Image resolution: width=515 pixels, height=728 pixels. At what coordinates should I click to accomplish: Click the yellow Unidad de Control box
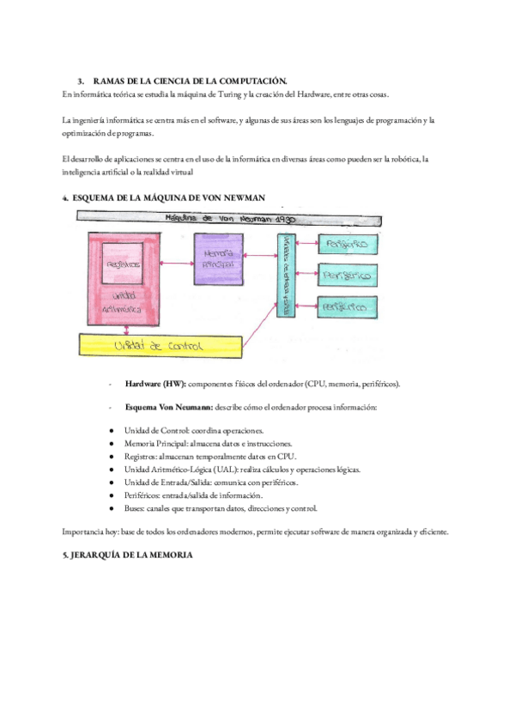(160, 346)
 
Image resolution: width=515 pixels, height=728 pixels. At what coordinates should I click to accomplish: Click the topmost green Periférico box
(348, 245)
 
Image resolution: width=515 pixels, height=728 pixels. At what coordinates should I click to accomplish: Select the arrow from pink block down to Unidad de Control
(127, 329)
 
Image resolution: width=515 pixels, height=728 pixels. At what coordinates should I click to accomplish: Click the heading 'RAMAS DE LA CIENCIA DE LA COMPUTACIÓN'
(189, 80)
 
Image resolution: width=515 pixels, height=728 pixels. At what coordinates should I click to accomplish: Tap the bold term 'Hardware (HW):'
(155, 384)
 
